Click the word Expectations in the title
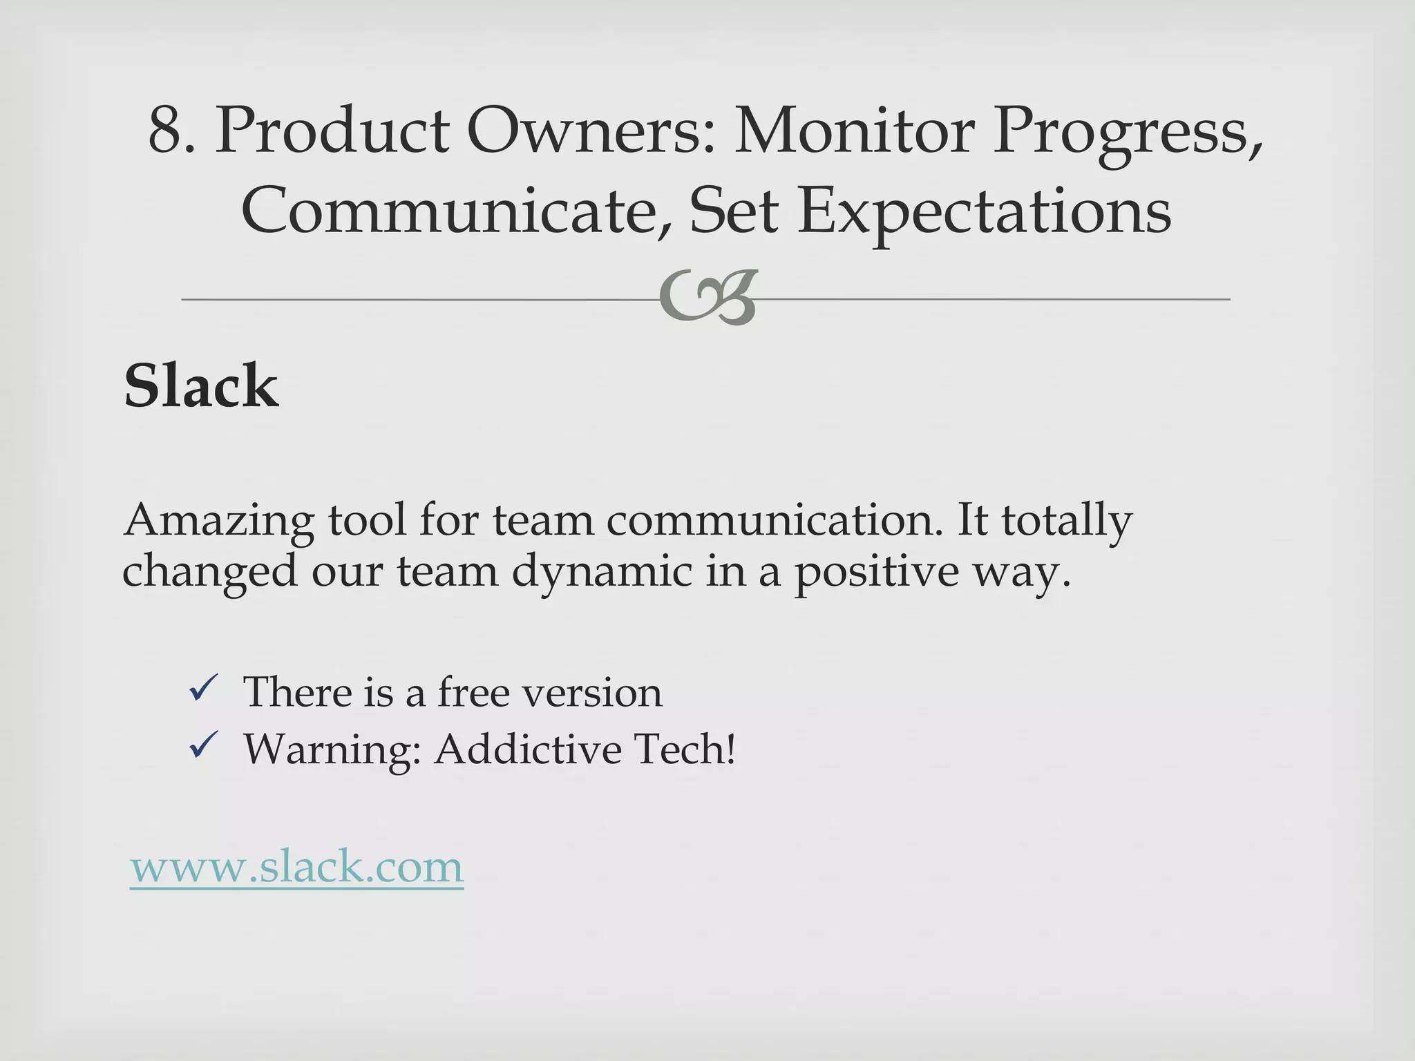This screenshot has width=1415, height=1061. point(984,211)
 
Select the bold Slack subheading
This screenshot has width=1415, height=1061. point(201,387)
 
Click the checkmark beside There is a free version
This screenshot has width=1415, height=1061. point(204,690)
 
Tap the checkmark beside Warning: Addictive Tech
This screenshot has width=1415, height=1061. point(204,747)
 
